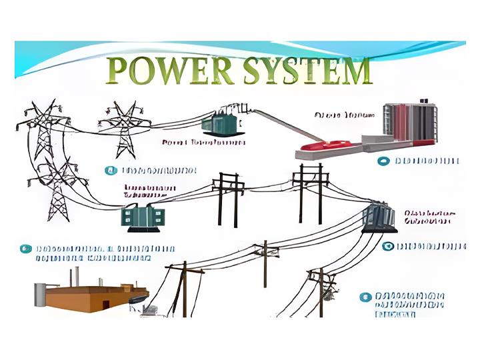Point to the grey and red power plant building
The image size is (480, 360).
coord(411,127)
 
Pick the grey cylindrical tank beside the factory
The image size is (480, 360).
coord(41,294)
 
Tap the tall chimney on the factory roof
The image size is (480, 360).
coord(77,275)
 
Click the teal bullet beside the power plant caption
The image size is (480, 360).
coord(383,161)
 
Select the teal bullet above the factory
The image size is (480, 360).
coord(26,249)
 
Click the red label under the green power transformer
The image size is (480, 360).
coord(199,143)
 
